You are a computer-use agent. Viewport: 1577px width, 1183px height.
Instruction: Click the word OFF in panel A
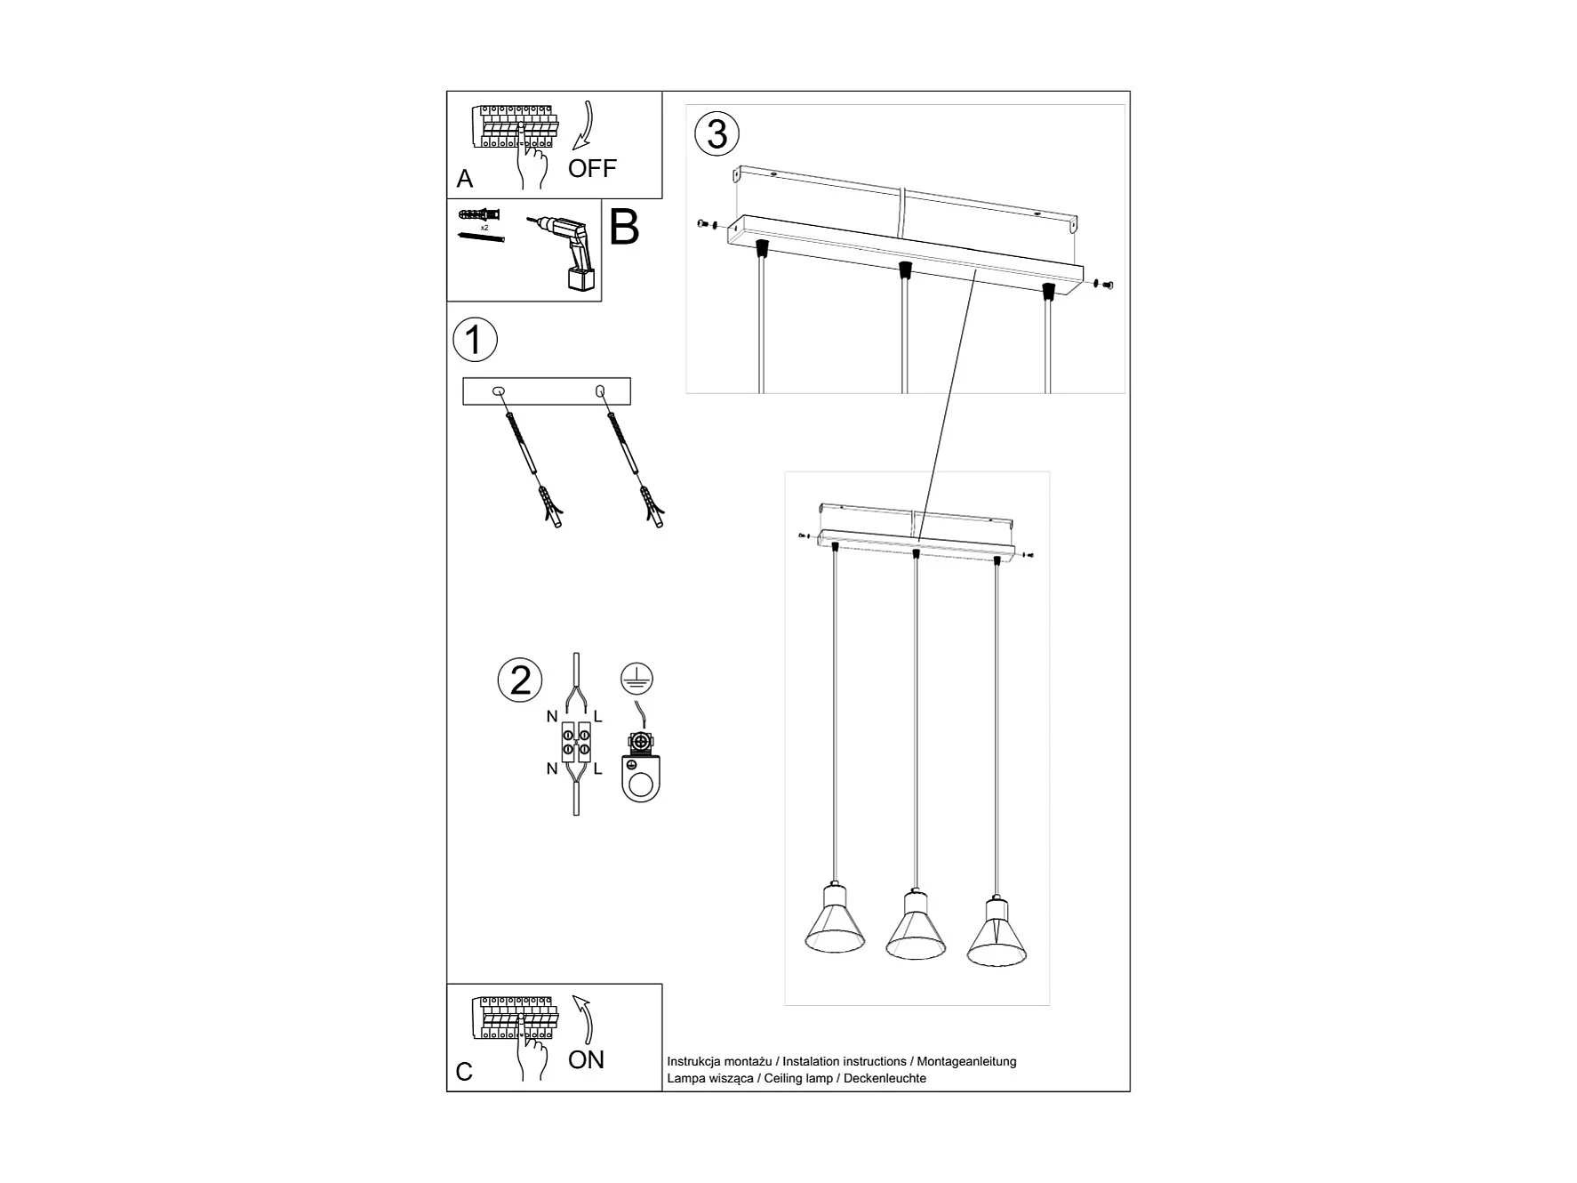592,168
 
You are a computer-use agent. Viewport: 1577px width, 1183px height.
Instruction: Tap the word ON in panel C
586,1059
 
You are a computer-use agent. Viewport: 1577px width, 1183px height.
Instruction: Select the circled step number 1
475,341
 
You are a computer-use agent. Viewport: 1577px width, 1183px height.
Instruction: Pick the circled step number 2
520,680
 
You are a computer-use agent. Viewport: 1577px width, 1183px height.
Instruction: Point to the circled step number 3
716,134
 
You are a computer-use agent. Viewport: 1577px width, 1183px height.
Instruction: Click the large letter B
624,228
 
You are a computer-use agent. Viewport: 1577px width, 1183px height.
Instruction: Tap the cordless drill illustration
564,249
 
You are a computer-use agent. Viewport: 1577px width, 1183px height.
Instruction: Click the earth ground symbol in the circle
636,680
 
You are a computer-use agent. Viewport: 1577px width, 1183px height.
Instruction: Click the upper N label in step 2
552,717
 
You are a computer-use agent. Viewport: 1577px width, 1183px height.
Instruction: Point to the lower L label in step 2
598,769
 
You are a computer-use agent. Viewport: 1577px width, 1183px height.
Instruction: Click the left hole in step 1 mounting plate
498,390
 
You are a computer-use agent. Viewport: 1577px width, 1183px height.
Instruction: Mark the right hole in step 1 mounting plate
600,390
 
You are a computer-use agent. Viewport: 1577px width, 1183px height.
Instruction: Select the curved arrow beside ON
584,1018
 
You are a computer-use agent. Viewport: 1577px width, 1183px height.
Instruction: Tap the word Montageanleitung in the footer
966,1061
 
